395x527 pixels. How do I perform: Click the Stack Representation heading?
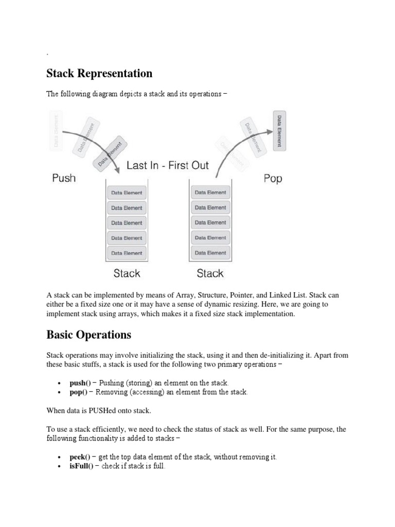(x=99, y=74)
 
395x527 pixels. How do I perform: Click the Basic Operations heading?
(x=88, y=335)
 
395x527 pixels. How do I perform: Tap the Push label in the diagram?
(x=64, y=178)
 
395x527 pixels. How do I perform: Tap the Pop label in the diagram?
(x=273, y=179)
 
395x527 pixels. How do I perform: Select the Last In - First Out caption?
(x=168, y=165)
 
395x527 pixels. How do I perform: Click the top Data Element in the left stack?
(x=127, y=193)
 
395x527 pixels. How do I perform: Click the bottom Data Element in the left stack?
(x=127, y=253)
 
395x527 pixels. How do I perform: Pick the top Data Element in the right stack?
(x=210, y=192)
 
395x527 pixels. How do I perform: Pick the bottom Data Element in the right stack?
(x=210, y=253)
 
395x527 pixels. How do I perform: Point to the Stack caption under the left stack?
(x=127, y=273)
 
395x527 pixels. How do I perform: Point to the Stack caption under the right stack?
(x=210, y=273)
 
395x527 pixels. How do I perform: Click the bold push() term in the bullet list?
(x=80, y=383)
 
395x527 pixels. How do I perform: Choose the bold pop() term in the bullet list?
(x=78, y=392)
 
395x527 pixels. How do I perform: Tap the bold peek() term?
(x=80, y=457)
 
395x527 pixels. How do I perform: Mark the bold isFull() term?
(x=80, y=466)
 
